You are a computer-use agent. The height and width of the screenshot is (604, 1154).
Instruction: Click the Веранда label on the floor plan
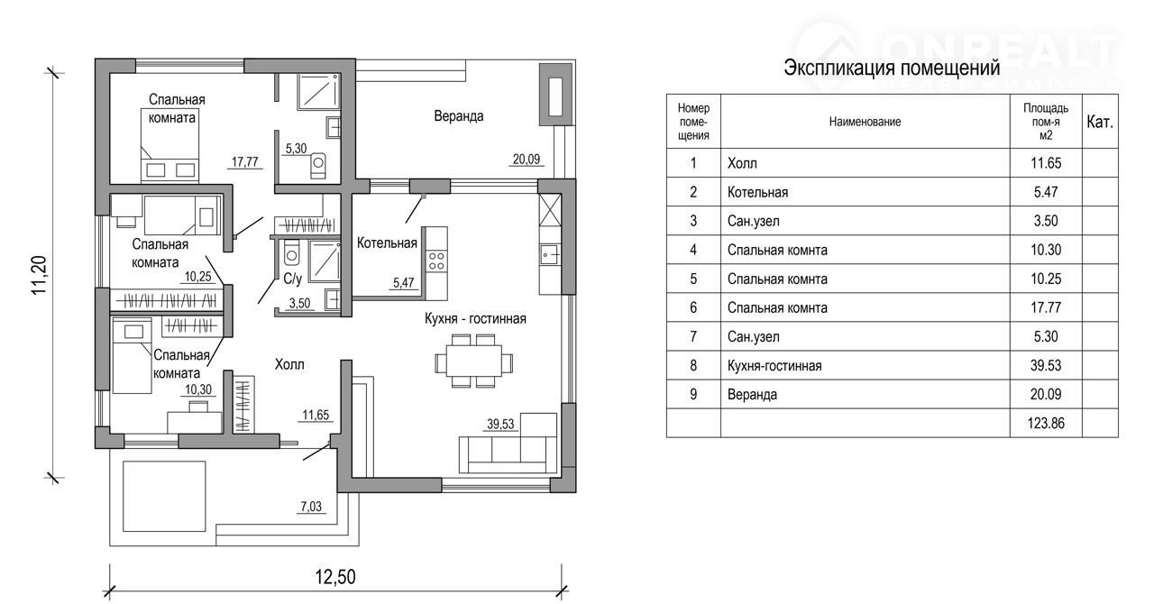(458, 116)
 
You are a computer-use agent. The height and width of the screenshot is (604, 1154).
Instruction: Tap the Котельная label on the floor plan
(387, 243)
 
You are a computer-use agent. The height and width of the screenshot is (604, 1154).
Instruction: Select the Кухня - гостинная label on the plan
(475, 319)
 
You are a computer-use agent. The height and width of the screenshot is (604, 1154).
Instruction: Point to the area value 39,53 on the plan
(500, 425)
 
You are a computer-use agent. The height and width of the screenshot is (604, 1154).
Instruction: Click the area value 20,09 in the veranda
(527, 160)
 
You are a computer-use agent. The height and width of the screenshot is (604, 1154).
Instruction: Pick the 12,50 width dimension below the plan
(334, 576)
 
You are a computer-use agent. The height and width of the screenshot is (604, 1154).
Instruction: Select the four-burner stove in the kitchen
(436, 261)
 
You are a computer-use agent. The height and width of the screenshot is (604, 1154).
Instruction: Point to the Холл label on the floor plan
(289, 365)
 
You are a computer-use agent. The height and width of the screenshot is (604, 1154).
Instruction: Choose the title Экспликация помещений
(892, 69)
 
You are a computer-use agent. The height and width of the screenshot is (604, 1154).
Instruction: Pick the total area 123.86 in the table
(1046, 422)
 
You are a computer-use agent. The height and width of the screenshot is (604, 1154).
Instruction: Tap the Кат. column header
(1100, 122)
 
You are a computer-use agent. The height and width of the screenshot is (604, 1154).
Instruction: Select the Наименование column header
(865, 122)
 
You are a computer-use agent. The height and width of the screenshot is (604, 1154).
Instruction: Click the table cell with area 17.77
(1046, 307)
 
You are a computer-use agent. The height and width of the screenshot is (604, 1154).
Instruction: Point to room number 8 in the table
(693, 365)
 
